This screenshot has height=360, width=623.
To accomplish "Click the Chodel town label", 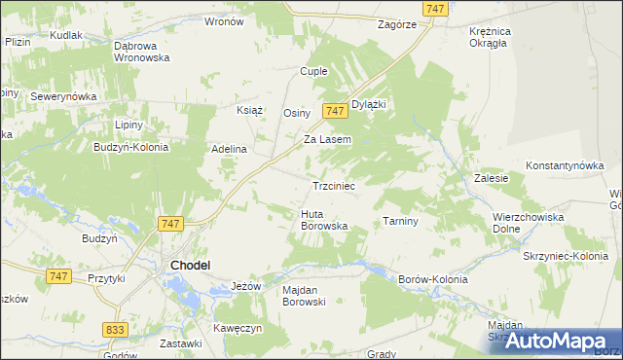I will click(x=192, y=264).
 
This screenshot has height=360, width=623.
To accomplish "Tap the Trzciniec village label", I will click(x=339, y=185).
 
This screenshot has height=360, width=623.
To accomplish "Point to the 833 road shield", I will click(x=115, y=331).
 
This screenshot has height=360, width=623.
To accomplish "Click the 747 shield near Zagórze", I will click(x=436, y=8).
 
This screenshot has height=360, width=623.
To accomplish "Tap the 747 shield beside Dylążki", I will click(x=335, y=112).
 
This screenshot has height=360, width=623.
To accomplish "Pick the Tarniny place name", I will click(x=400, y=221).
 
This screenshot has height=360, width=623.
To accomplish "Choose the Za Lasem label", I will click(x=327, y=139).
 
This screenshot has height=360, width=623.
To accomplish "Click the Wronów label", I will click(x=225, y=20).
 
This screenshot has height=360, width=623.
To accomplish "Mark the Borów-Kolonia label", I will click(x=433, y=279).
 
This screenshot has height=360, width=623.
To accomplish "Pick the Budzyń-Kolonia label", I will click(x=130, y=147).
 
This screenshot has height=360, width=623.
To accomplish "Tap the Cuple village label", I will click(x=313, y=71).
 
